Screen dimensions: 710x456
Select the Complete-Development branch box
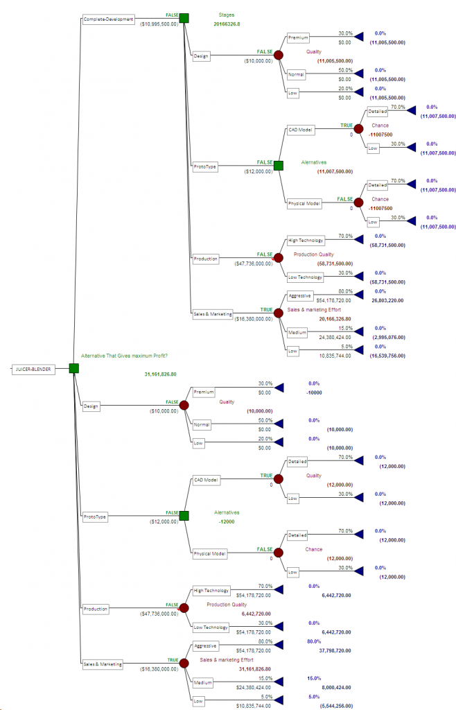coord(108,19)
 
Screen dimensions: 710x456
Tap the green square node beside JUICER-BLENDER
coord(74,368)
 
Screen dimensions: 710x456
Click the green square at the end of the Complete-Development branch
coord(184,19)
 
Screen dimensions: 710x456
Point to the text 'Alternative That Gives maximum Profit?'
coord(124,356)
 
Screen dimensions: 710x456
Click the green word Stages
coord(226,13)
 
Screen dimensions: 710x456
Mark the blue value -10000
coord(313,392)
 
